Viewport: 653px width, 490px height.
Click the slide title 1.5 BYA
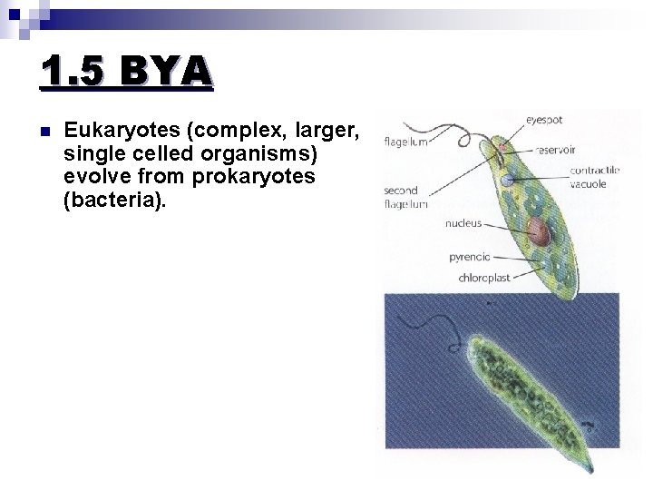(x=126, y=72)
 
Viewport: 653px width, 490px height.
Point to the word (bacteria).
(x=115, y=199)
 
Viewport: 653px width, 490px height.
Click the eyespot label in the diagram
(x=545, y=119)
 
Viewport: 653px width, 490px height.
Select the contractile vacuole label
(x=594, y=177)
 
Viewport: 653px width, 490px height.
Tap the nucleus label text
(x=463, y=222)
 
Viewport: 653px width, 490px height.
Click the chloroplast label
(x=483, y=278)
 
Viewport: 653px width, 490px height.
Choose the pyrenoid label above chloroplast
(x=469, y=257)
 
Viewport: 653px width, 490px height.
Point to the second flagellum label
(x=400, y=197)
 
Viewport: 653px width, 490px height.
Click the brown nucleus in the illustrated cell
(x=539, y=232)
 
